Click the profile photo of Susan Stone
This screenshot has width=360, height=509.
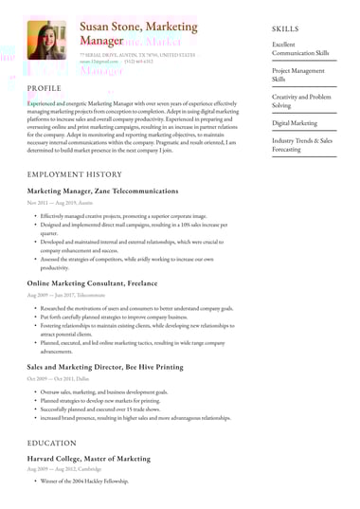tap(45, 41)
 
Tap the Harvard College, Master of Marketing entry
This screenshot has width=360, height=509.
tap(96, 458)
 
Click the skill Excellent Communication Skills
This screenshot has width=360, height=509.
tap(301, 48)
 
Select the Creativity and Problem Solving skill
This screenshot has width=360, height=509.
tap(301, 101)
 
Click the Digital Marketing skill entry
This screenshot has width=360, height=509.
tap(296, 123)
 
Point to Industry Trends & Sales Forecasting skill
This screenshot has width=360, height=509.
tap(301, 145)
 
